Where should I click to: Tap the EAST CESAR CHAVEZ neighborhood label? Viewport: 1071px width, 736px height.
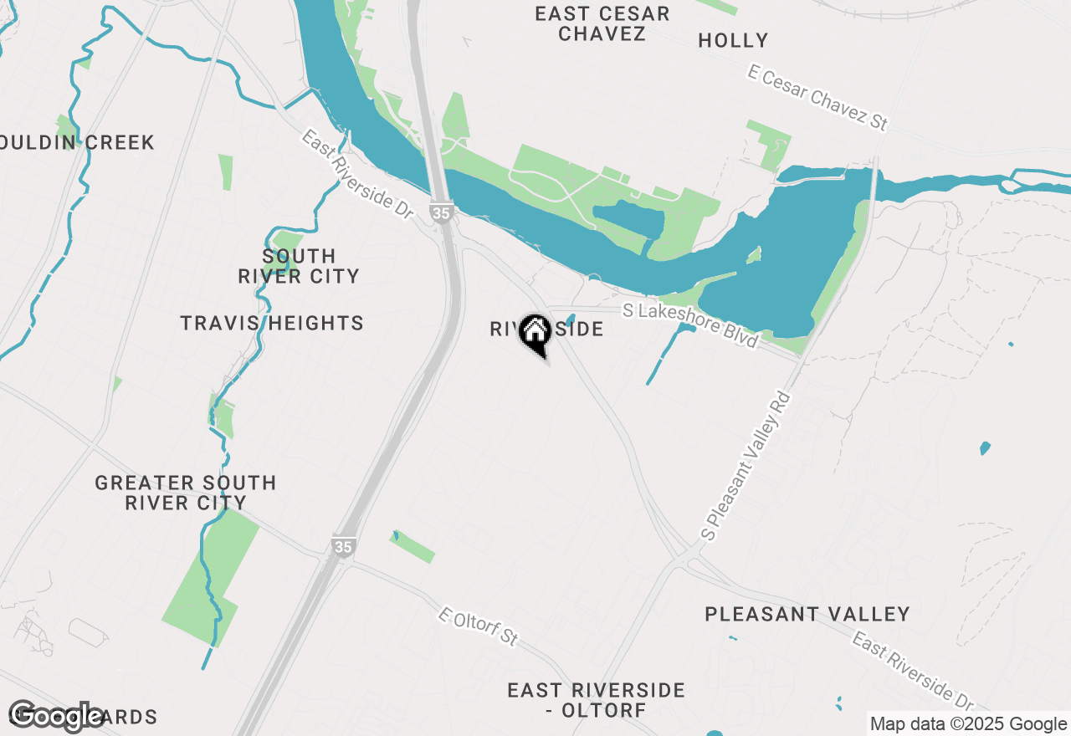click(x=602, y=23)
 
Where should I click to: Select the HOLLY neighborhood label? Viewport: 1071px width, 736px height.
click(x=733, y=40)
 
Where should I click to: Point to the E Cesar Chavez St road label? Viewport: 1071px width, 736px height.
click(x=817, y=99)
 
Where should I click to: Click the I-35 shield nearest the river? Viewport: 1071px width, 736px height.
click(x=441, y=213)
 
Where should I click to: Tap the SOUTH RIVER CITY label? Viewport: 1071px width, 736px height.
click(x=299, y=266)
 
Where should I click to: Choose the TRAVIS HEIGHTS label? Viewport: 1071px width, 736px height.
click(x=272, y=323)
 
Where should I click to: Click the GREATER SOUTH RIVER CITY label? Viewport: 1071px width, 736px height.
click(x=186, y=493)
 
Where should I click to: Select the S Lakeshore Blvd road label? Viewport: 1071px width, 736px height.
click(x=690, y=325)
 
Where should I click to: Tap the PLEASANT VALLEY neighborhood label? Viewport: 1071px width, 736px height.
click(x=807, y=614)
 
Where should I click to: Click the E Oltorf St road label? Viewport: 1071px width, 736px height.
click(x=479, y=626)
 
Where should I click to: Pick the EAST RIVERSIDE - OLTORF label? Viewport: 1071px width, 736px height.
click(x=596, y=700)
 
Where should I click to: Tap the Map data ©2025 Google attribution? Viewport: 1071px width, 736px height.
click(x=968, y=724)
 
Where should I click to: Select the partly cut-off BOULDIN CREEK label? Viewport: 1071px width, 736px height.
click(x=77, y=142)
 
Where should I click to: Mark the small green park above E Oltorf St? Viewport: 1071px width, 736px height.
click(x=413, y=547)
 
